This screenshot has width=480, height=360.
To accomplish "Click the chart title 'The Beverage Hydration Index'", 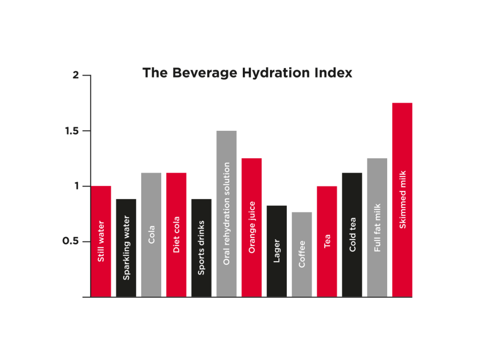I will tap(247, 73).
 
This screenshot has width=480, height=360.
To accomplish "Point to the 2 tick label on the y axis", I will tap(76, 75).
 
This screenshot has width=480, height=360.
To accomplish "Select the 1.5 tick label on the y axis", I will tap(71, 131).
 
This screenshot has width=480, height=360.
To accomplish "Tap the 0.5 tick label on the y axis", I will tap(71, 241).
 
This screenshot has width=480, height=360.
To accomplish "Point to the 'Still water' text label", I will tap(101, 241).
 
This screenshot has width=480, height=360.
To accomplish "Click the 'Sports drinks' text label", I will tap(202, 247).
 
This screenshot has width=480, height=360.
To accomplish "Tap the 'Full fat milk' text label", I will tap(377, 228).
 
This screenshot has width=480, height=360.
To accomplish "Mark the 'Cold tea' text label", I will tap(352, 234).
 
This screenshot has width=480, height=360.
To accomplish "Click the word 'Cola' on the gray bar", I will tap(151, 234).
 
